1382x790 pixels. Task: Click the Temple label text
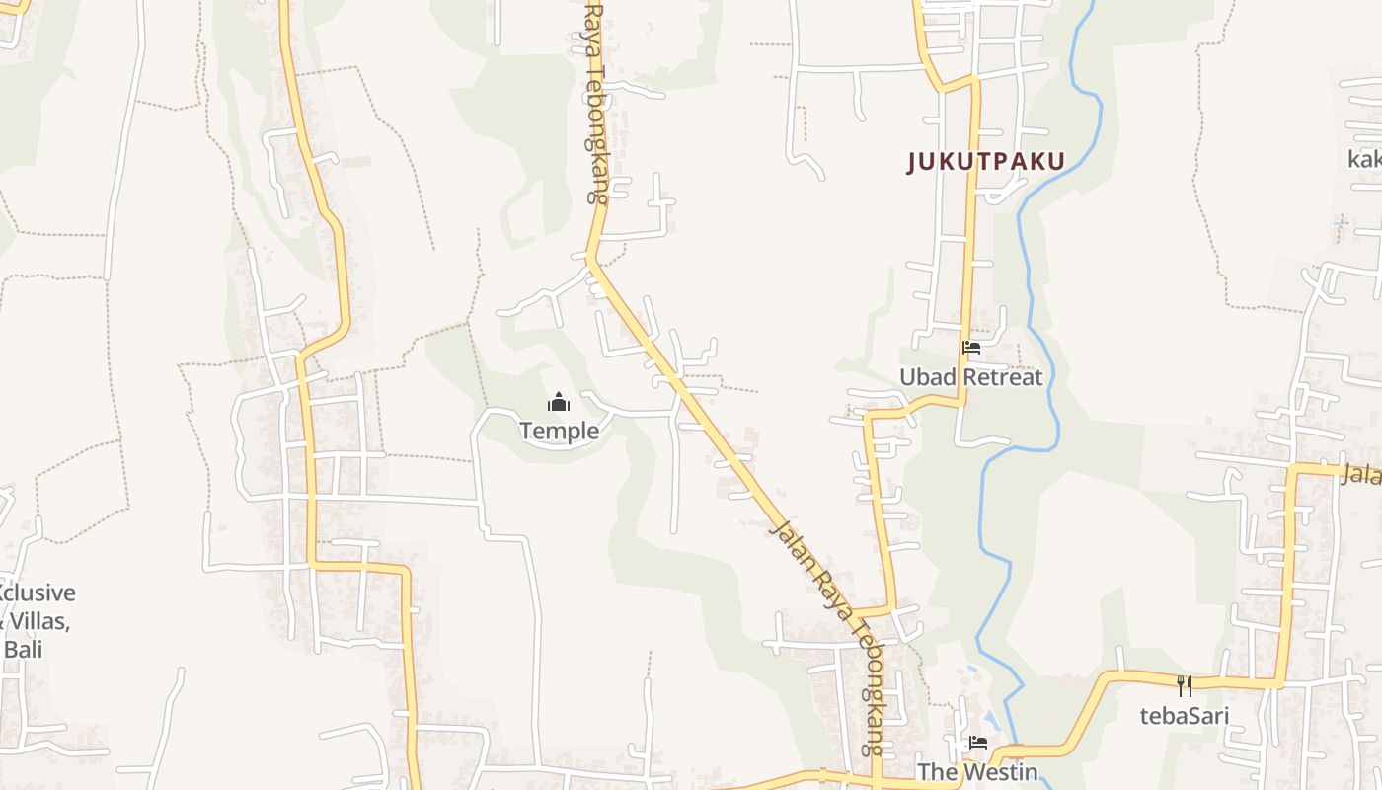tap(559, 431)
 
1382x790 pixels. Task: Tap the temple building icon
tap(559, 402)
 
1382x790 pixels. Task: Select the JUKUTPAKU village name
tap(986, 162)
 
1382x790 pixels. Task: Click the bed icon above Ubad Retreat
tap(971, 348)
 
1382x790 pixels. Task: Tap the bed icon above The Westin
tap(978, 743)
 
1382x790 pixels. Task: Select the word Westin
tap(999, 772)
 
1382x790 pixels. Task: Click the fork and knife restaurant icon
tap(1185, 685)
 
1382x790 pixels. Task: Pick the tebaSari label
tap(1185, 715)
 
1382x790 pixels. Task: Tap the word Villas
tap(39, 621)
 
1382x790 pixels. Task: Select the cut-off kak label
tap(1365, 159)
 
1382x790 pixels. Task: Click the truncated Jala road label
tap(1361, 474)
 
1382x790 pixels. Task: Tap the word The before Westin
tap(938, 772)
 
